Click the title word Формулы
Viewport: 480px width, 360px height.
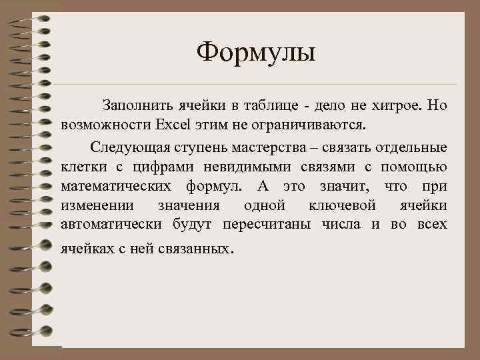[257, 53]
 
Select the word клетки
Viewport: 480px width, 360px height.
[80, 166]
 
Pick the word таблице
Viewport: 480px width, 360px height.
[270, 106]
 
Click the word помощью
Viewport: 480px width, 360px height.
[419, 166]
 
